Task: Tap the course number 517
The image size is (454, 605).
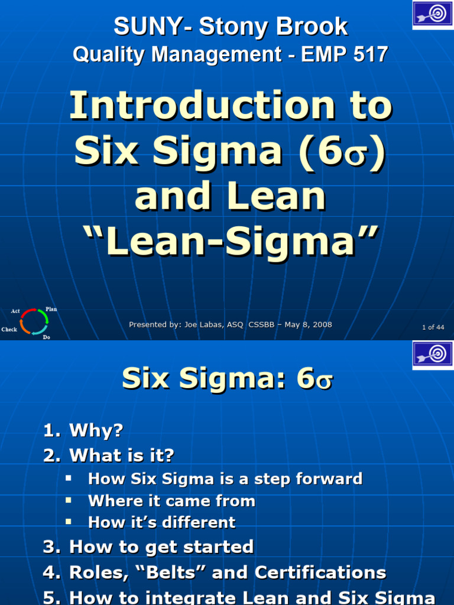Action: (x=371, y=55)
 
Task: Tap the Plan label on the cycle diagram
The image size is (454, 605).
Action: (x=51, y=309)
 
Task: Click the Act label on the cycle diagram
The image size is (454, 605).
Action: (x=15, y=311)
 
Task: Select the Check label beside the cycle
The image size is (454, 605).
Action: (x=9, y=330)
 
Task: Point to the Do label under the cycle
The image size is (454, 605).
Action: (x=46, y=337)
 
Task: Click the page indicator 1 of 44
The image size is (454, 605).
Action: (x=433, y=327)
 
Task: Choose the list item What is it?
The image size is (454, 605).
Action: (x=122, y=456)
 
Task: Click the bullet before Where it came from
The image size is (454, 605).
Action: (x=69, y=500)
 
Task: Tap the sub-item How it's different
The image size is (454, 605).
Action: (x=161, y=522)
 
